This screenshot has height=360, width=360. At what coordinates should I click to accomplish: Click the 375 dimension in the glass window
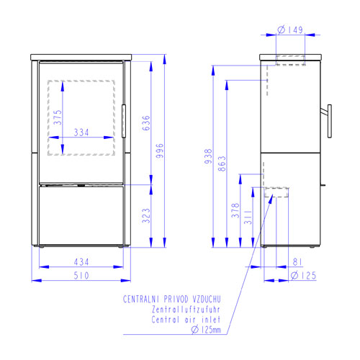pyautogui.click(x=58, y=117)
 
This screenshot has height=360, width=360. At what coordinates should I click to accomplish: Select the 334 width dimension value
pyautogui.click(x=81, y=132)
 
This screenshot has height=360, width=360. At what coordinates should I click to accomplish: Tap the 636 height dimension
pyautogui.click(x=146, y=123)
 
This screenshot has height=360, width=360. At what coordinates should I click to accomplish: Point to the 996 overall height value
pyautogui.click(x=159, y=150)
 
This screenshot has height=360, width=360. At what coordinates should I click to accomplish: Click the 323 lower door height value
pyautogui.click(x=146, y=215)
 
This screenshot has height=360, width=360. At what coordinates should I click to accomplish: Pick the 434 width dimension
pyautogui.click(x=81, y=262)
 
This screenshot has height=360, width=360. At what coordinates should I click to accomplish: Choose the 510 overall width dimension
pyautogui.click(x=81, y=276)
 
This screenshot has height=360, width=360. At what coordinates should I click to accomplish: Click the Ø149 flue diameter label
pyautogui.click(x=290, y=30)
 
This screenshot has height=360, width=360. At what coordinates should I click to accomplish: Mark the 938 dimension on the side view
pyautogui.click(x=208, y=156)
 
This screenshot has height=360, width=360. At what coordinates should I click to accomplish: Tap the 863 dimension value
pyautogui.click(x=222, y=163)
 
